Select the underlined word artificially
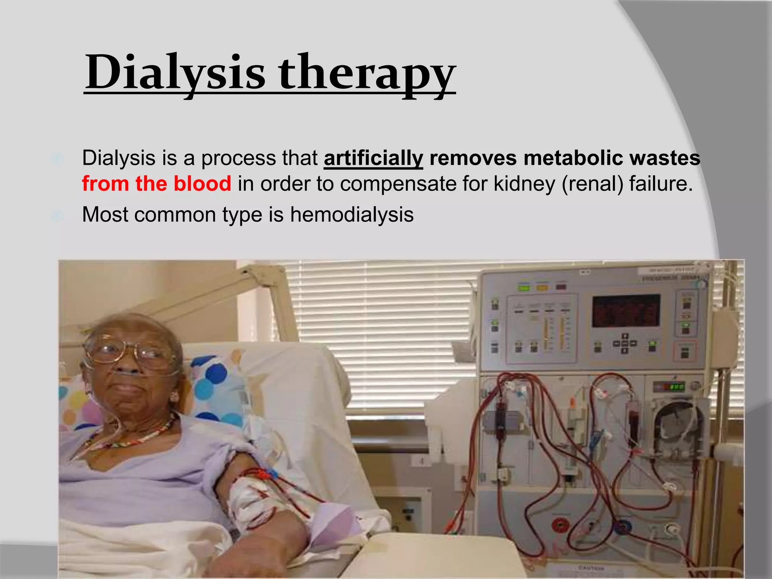point(373,158)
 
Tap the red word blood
point(202,184)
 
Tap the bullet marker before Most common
point(57,216)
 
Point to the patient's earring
point(174,396)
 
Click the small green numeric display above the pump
point(674,386)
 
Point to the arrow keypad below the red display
point(625,343)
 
